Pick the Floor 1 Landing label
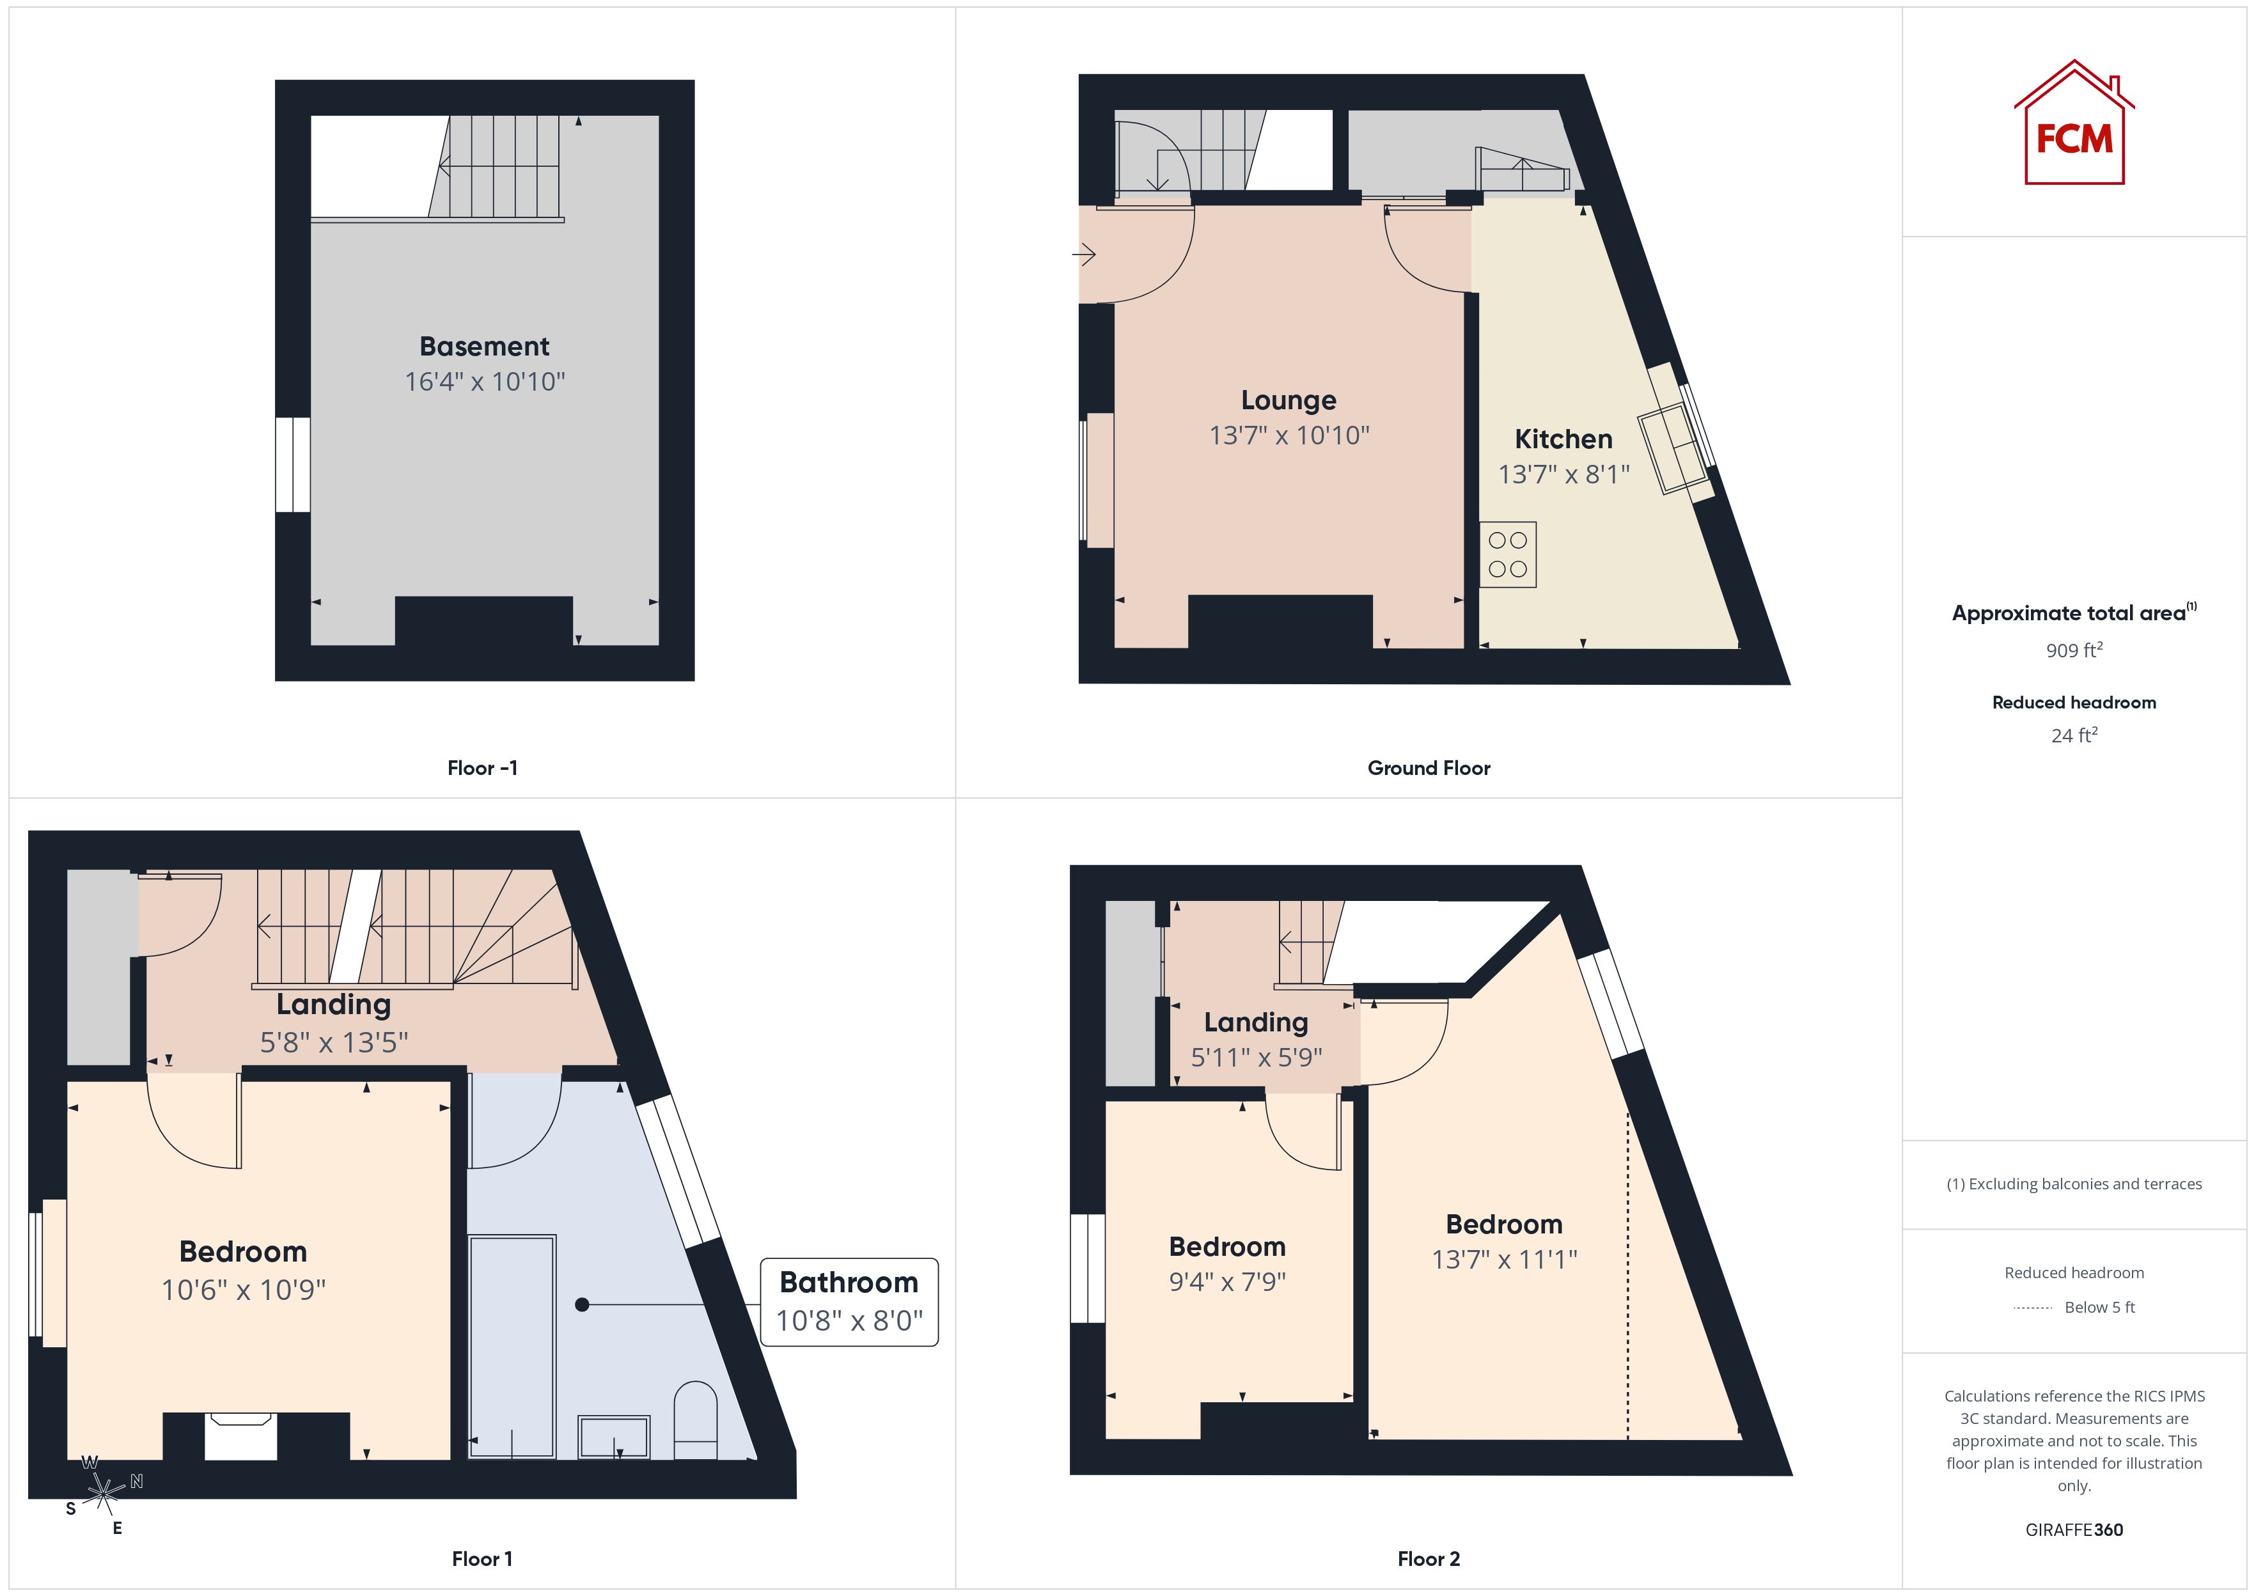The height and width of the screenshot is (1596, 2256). click(x=334, y=1005)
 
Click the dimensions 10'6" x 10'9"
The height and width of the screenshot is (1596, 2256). click(x=244, y=1289)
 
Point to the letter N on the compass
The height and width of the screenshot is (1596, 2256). click(x=137, y=1481)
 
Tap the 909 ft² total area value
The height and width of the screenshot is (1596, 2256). click(x=2074, y=650)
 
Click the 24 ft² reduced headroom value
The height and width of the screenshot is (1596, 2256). click(x=2074, y=735)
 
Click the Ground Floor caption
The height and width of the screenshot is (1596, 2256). click(x=1429, y=769)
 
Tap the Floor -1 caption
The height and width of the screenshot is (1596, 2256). click(x=482, y=769)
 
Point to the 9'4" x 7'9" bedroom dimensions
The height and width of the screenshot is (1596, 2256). click(x=1227, y=1281)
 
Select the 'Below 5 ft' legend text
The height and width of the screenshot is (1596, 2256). click(x=2100, y=1307)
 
